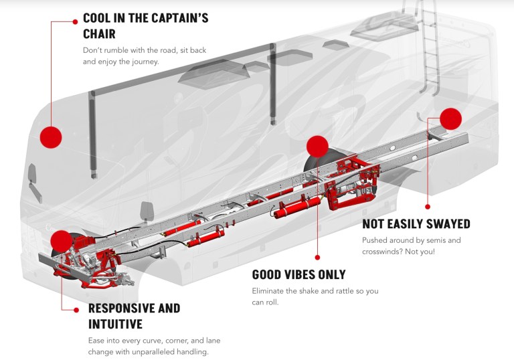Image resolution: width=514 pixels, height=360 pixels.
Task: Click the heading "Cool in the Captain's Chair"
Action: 145,25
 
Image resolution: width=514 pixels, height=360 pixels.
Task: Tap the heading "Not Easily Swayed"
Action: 416,223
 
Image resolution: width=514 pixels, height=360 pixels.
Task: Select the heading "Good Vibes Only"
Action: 298,274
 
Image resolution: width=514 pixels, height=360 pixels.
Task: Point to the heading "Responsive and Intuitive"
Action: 134,316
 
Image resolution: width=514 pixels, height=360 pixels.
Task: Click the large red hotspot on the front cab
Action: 51,137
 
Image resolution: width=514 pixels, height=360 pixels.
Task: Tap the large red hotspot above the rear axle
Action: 317,147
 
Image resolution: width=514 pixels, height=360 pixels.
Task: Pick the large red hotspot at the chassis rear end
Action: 451,119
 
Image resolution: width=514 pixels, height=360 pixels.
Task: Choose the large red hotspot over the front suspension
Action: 60,241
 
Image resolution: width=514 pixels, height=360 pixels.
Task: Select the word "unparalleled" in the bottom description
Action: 159,351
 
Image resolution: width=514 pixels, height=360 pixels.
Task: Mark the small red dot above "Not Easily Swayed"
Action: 428,207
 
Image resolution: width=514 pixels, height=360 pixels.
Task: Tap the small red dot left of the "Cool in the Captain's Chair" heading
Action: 75,21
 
